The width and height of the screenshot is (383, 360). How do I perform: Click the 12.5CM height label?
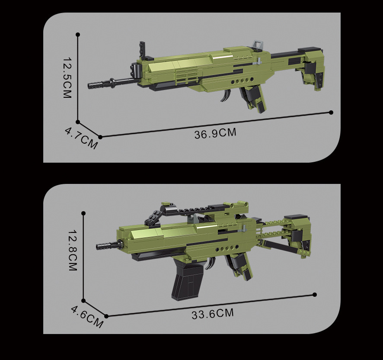coord(67,78)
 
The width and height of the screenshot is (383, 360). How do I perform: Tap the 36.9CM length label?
coord(215,133)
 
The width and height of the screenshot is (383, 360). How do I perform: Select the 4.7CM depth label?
coord(81,138)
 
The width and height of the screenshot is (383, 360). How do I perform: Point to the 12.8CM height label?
coord(73,250)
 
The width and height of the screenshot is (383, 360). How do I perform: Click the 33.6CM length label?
coord(213,314)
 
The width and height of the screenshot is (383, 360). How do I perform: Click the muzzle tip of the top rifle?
coord(89,86)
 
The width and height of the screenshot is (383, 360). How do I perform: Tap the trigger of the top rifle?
coord(226,95)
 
